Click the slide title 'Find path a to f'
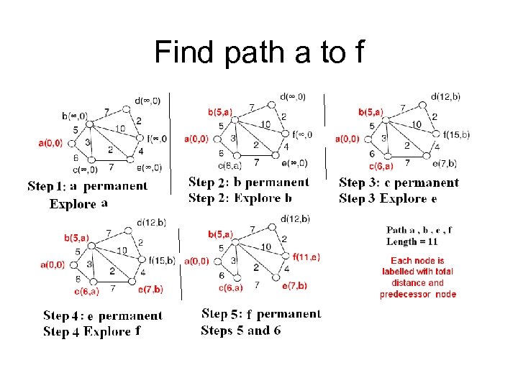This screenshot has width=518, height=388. click(x=259, y=52)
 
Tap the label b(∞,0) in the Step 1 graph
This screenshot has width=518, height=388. click(x=75, y=116)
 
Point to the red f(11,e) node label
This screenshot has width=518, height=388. click(x=306, y=257)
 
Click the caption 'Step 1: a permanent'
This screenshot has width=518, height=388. click(x=88, y=187)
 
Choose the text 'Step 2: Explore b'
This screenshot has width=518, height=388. click(x=240, y=198)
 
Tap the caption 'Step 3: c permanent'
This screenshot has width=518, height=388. click(x=399, y=183)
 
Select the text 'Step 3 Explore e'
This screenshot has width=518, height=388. click(x=388, y=198)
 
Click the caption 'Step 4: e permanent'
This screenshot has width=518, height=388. click(x=103, y=316)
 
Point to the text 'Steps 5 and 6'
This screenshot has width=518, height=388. click(x=241, y=331)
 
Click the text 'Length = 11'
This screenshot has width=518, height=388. click(x=412, y=242)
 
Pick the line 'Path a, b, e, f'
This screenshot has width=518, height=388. click(x=419, y=231)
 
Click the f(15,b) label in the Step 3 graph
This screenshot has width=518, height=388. click(x=456, y=134)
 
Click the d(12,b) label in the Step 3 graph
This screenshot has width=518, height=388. click(x=446, y=96)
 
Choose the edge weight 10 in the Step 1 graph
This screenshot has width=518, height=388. click(x=119, y=129)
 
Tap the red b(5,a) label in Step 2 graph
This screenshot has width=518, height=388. click(x=219, y=111)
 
